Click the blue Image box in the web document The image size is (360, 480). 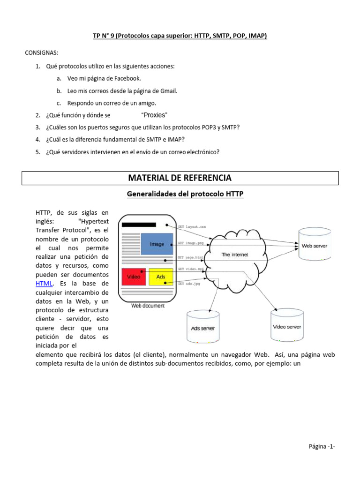pos(157,244)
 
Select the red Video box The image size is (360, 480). pos(134,277)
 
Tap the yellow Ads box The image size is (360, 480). pos(161,277)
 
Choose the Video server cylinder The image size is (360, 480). pos(287,327)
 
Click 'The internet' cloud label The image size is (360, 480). pos(235,255)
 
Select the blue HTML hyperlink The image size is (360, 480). pos(44,283)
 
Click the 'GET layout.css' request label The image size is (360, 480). pos(192,227)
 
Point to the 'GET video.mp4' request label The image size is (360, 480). pos(191,269)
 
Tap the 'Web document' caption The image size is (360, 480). pos(148,306)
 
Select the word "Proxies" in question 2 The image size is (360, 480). pos(154,115)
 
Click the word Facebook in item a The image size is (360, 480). pos(127,78)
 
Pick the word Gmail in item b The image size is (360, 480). pos(168,90)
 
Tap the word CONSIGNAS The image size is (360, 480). pos(42,52)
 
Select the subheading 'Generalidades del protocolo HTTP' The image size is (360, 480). pos(180,194)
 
